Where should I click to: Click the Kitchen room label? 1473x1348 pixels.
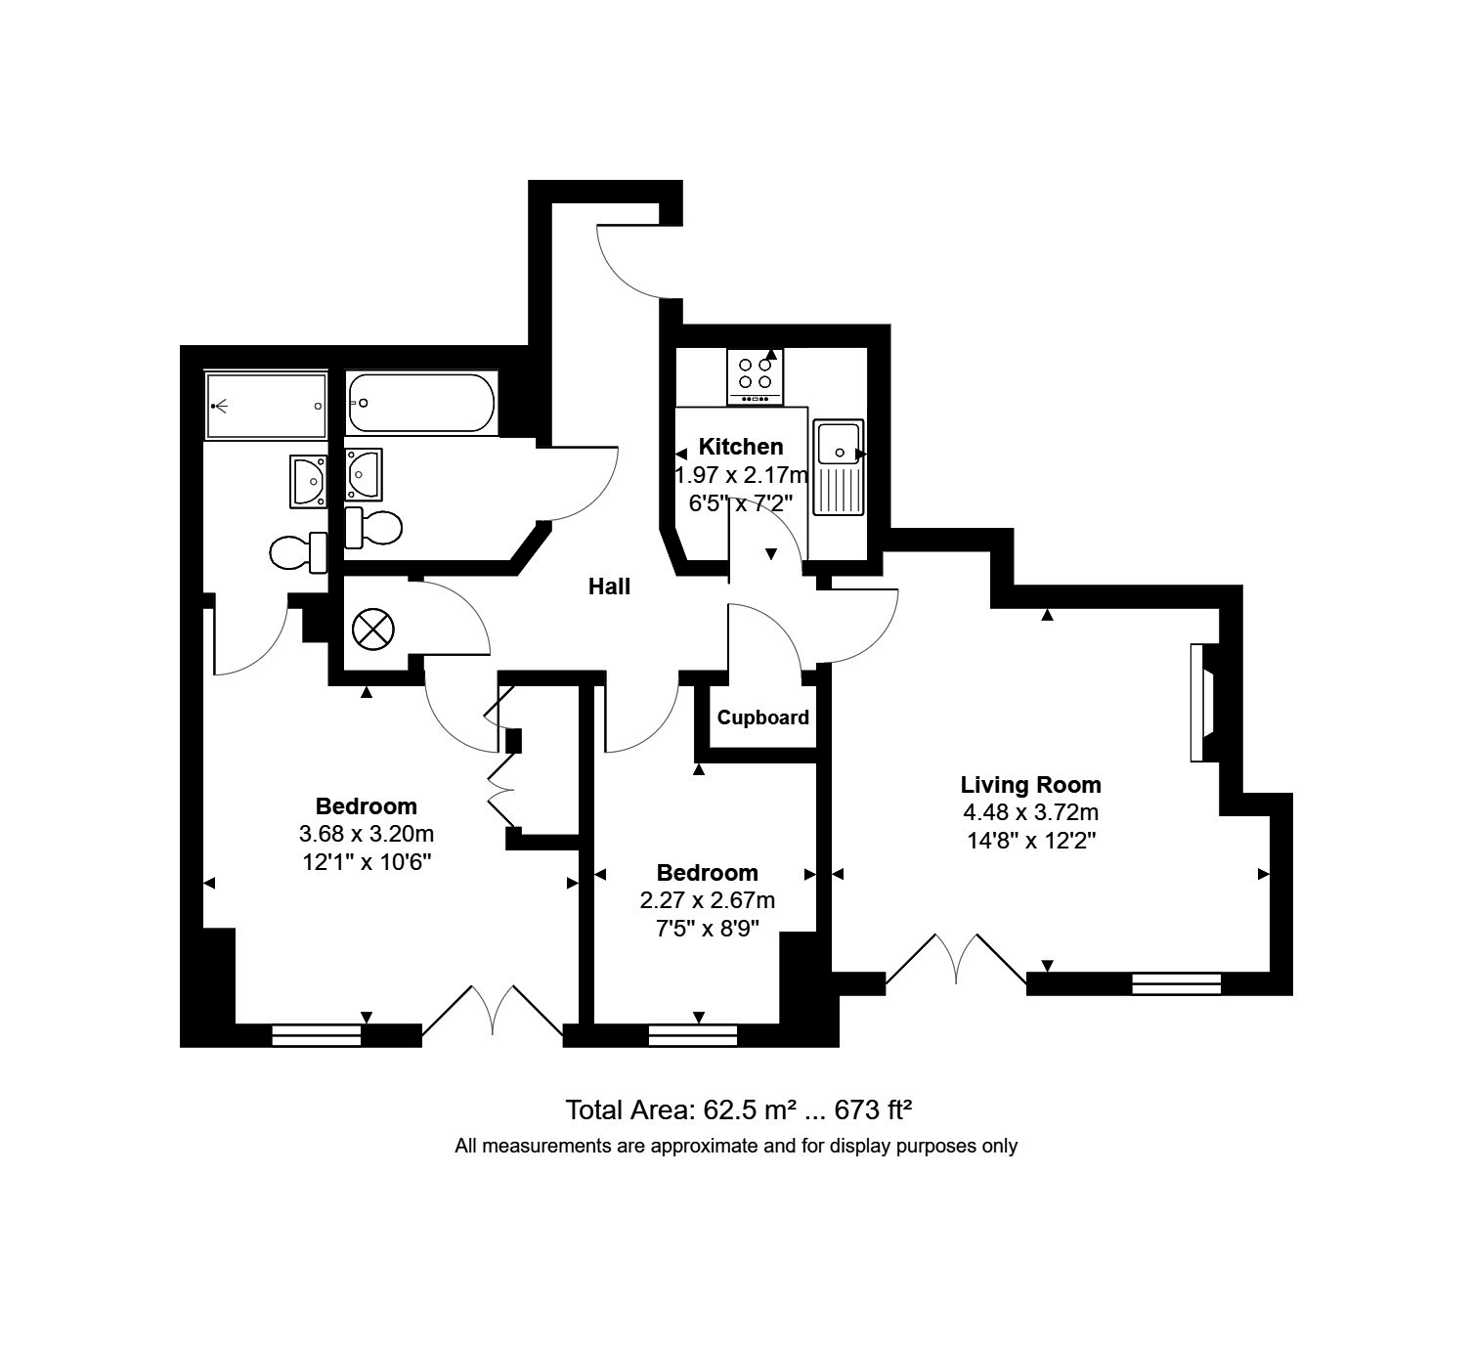pyautogui.click(x=740, y=446)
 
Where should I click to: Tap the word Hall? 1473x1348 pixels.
pyautogui.click(x=610, y=587)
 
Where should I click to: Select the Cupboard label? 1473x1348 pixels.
pyautogui.click(x=763, y=717)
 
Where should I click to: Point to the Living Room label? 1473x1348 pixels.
pyautogui.click(x=1031, y=785)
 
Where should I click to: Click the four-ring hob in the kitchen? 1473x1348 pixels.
pyautogui.click(x=755, y=377)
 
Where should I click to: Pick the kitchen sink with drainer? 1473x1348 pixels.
pyautogui.click(x=839, y=467)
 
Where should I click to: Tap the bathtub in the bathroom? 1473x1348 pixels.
pyautogui.click(x=421, y=403)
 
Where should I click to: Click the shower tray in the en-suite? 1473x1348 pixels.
pyautogui.click(x=266, y=406)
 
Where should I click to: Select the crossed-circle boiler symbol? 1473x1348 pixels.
pyautogui.click(x=373, y=630)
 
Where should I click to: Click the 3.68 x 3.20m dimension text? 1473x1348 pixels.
pyautogui.click(x=367, y=834)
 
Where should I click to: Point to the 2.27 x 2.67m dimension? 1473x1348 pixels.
pyautogui.click(x=707, y=900)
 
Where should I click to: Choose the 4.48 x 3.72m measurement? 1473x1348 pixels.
pyautogui.click(x=1031, y=812)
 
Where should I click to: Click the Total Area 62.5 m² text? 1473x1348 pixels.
pyautogui.click(x=739, y=1109)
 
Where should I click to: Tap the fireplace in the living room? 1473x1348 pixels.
pyautogui.click(x=1201, y=702)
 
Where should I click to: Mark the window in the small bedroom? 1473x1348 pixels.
pyautogui.click(x=692, y=1035)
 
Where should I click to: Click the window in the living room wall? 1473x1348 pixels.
pyautogui.click(x=1176, y=983)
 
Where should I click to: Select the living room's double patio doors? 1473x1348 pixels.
pyautogui.click(x=956, y=959)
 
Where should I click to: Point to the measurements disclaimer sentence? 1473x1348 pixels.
pyautogui.click(x=736, y=1146)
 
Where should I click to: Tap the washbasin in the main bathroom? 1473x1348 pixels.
pyautogui.click(x=364, y=474)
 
